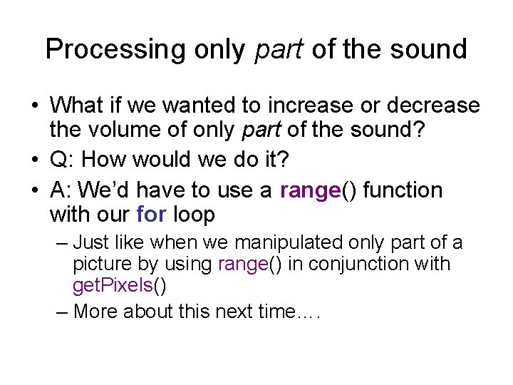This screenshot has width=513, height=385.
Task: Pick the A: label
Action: coord(62,190)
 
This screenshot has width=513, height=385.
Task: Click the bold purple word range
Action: coord(310,190)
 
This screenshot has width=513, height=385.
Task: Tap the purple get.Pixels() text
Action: coord(119,287)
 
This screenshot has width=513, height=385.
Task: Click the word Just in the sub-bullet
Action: coord(93,242)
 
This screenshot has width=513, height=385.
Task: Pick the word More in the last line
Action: coord(98,311)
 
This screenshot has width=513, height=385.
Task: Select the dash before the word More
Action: coord(62,311)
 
